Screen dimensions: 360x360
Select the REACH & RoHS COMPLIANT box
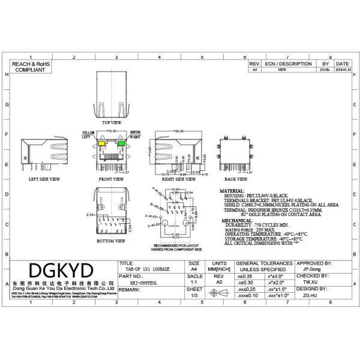31,67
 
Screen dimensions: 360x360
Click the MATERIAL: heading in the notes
236,190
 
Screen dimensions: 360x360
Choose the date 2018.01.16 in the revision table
343,70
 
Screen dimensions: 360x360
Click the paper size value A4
194,271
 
